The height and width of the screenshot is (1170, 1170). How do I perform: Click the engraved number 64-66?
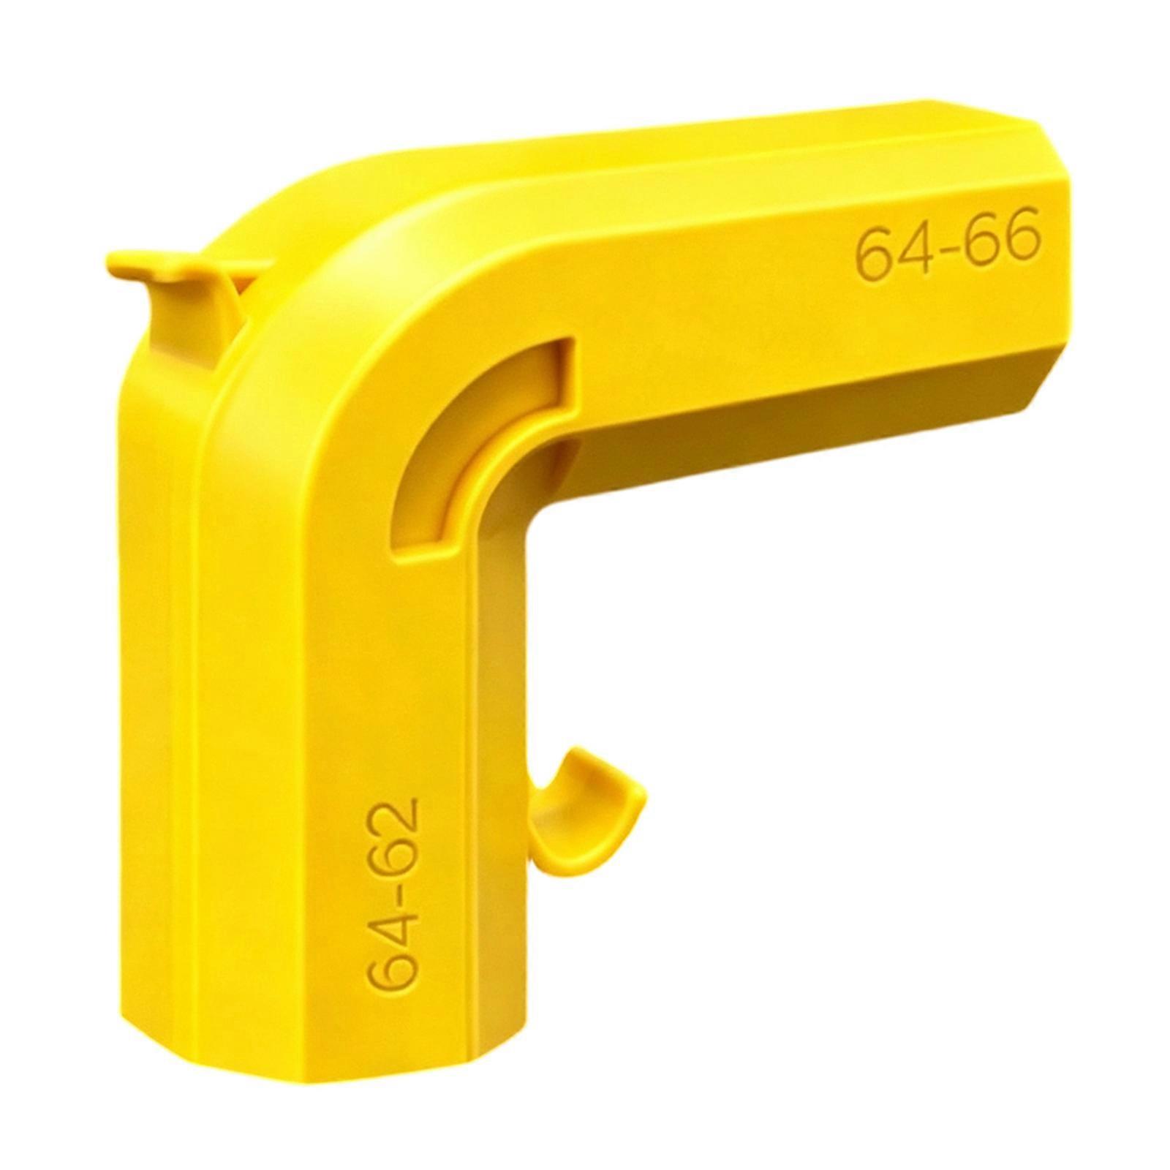pyautogui.click(x=948, y=245)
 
